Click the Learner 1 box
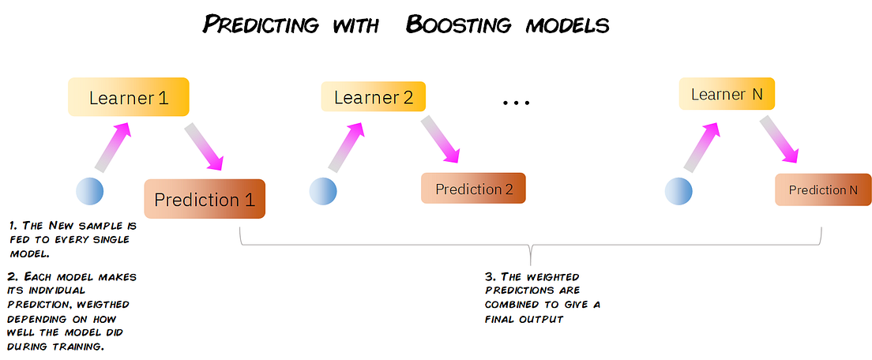128,98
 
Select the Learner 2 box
373,97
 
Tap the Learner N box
726,94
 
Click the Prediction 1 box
205,199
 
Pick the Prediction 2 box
473,189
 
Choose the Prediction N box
822,189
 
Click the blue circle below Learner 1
89,191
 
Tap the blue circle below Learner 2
322,191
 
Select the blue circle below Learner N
678,191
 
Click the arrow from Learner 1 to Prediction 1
205,146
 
